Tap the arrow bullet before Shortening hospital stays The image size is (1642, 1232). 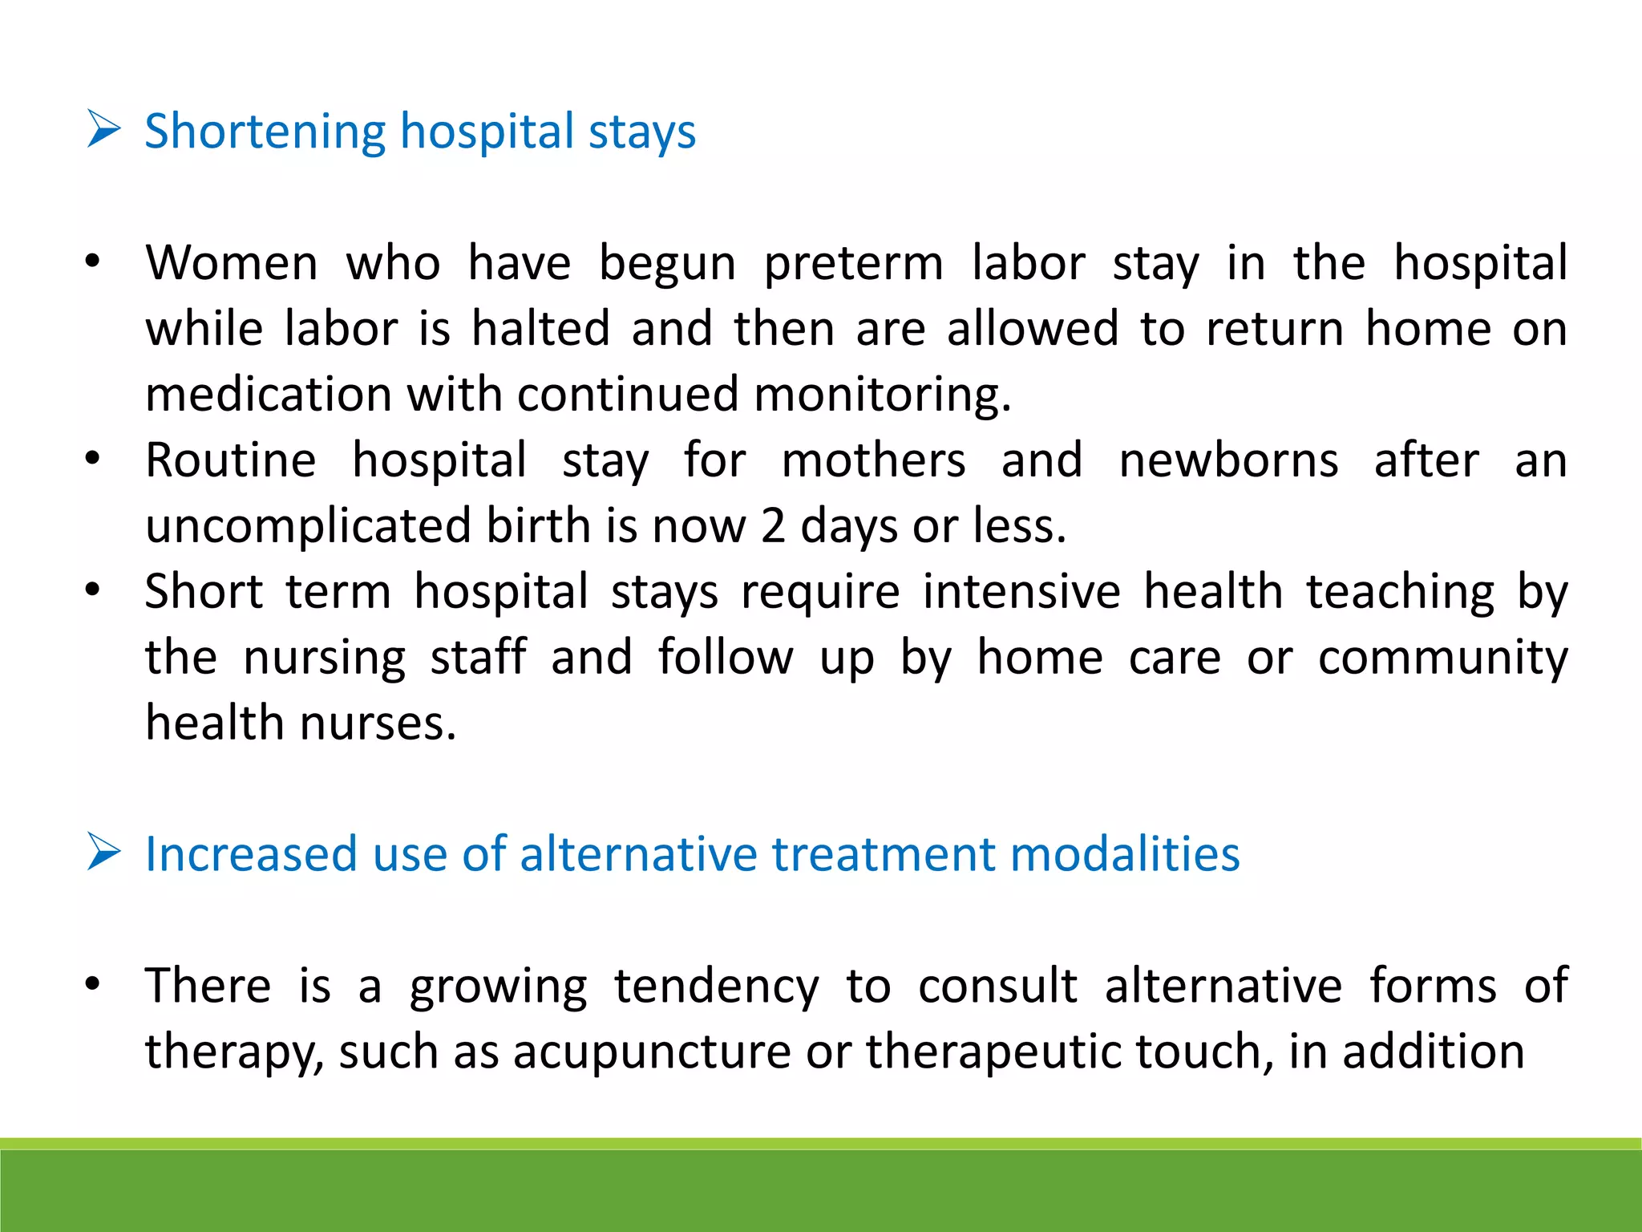(103, 131)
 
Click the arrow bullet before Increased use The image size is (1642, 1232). (103, 853)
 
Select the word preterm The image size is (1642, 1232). (853, 265)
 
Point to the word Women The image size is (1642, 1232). (232, 263)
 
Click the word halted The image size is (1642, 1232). (540, 329)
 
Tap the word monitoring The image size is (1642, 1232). (882, 396)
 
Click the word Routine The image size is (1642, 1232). (231, 460)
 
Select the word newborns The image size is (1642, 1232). (1228, 461)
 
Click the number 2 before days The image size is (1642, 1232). (773, 527)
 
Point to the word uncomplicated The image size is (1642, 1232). (308, 528)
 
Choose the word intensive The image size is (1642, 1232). (1021, 592)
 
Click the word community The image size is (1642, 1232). (1442, 659)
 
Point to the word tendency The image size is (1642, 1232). (717, 987)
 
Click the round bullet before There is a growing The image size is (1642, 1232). (93, 984)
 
